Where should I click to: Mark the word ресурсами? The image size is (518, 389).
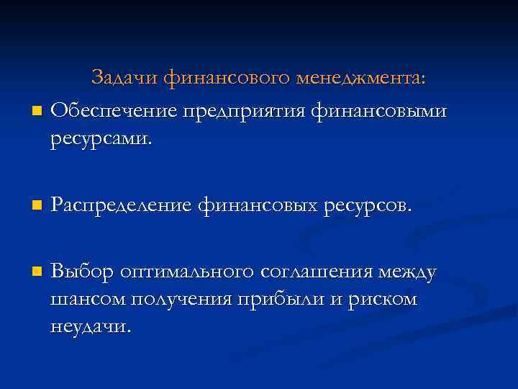[x=101, y=138]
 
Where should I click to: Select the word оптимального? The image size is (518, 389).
[x=186, y=272]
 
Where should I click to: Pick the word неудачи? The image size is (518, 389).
[x=91, y=326]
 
